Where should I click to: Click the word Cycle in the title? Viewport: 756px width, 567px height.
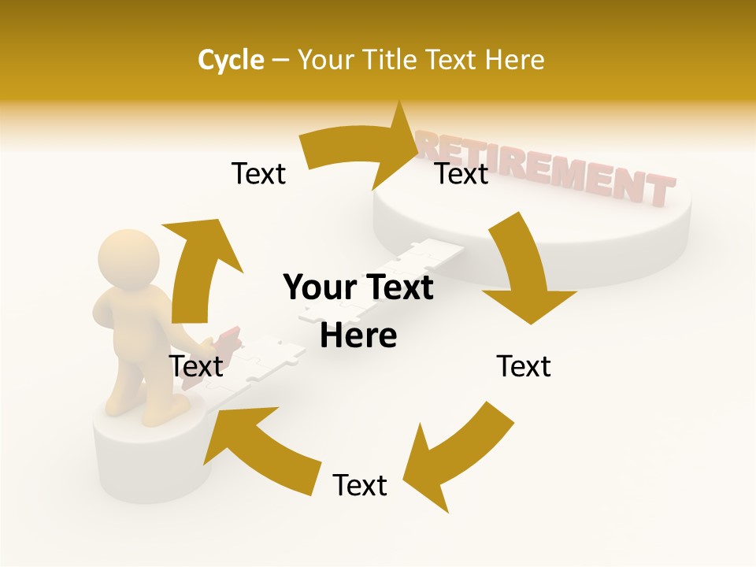tap(231, 60)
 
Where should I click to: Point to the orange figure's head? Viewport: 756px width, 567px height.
tap(129, 257)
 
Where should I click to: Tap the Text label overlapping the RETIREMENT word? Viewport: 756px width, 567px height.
tap(462, 173)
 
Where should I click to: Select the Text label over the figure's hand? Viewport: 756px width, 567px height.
tap(196, 366)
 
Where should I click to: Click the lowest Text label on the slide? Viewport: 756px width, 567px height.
tap(360, 485)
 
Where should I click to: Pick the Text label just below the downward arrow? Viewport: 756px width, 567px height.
tap(524, 366)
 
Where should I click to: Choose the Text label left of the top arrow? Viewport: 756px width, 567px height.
tap(258, 173)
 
